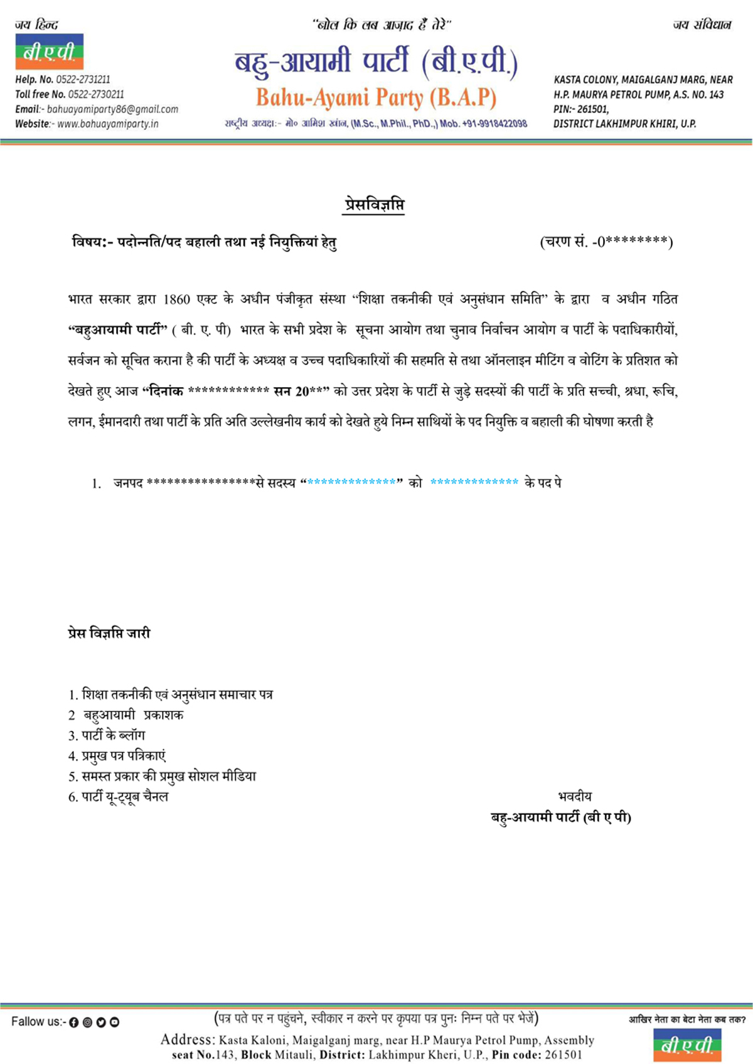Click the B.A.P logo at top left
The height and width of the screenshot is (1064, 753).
pyautogui.click(x=49, y=51)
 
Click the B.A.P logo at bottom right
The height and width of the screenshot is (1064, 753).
pyautogui.click(x=687, y=1045)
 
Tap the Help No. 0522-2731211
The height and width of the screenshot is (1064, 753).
pyautogui.click(x=63, y=80)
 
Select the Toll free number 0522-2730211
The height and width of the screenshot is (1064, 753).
pyautogui.click(x=70, y=94)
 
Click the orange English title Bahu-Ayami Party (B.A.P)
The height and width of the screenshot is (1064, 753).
pyautogui.click(x=376, y=98)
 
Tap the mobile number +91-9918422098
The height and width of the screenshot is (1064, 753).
pyautogui.click(x=492, y=124)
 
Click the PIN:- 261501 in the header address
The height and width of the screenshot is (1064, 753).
pyautogui.click(x=581, y=109)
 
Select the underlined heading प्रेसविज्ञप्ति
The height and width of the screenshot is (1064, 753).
pyautogui.click(x=373, y=205)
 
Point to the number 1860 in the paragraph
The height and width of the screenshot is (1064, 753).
pyautogui.click(x=176, y=299)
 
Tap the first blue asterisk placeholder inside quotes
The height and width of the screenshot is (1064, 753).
pyautogui.click(x=351, y=482)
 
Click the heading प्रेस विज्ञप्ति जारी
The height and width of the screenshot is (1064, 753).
pyautogui.click(x=109, y=633)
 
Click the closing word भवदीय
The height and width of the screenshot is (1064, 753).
pyautogui.click(x=574, y=797)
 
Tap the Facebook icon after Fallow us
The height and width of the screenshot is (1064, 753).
pyautogui.click(x=73, y=1023)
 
